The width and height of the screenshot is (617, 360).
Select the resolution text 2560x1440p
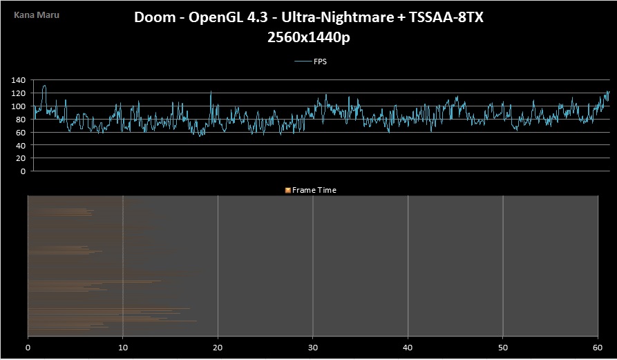pyautogui.click(x=308, y=39)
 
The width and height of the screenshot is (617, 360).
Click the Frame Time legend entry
pyautogui.click(x=314, y=190)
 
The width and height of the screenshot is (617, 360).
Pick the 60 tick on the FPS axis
pyautogui.click(x=20, y=132)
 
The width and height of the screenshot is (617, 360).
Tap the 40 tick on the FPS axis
pyautogui.click(x=20, y=145)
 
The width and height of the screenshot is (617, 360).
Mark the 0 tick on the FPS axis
pyautogui.click(x=23, y=171)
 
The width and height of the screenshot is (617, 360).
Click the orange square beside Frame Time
pyautogui.click(x=288, y=190)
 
